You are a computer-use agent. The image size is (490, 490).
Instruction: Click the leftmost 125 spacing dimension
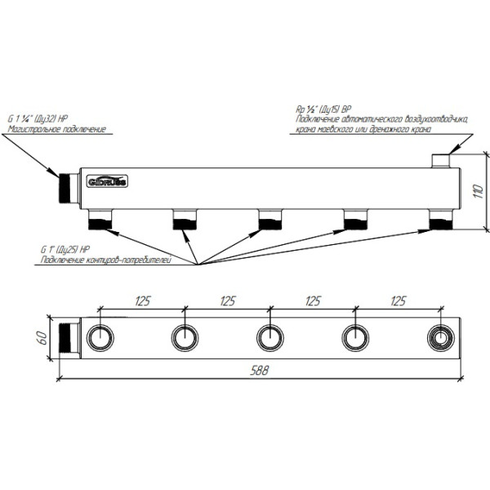click(142, 301)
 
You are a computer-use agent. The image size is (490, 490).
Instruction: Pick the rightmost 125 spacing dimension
click(398, 301)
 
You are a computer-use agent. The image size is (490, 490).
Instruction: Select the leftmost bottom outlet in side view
click(100, 219)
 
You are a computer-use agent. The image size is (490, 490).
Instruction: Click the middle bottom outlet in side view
click(270, 219)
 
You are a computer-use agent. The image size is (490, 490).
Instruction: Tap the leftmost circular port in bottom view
click(100, 336)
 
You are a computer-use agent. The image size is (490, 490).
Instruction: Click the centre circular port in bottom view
click(270, 336)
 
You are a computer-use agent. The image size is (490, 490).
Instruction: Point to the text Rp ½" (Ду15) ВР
click(323, 108)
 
